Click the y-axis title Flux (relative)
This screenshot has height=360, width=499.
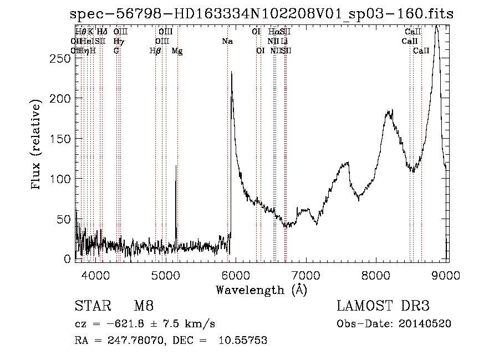pos(37,146)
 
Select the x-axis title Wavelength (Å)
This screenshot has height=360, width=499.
pos(261,290)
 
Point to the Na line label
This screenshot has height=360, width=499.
pos(227,42)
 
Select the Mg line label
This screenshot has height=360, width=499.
pos(177,51)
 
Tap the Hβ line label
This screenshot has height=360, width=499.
pos(155,51)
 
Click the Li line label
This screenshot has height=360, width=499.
pos(284,42)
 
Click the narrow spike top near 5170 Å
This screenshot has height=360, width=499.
pos(176,166)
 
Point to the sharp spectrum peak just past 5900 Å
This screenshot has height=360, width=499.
pos(231,73)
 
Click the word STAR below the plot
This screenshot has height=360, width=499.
pos(89,306)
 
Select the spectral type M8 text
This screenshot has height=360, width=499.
pos(144,306)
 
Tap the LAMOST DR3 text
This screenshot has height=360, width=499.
pos(383,306)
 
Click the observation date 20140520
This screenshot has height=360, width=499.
pos(426,323)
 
